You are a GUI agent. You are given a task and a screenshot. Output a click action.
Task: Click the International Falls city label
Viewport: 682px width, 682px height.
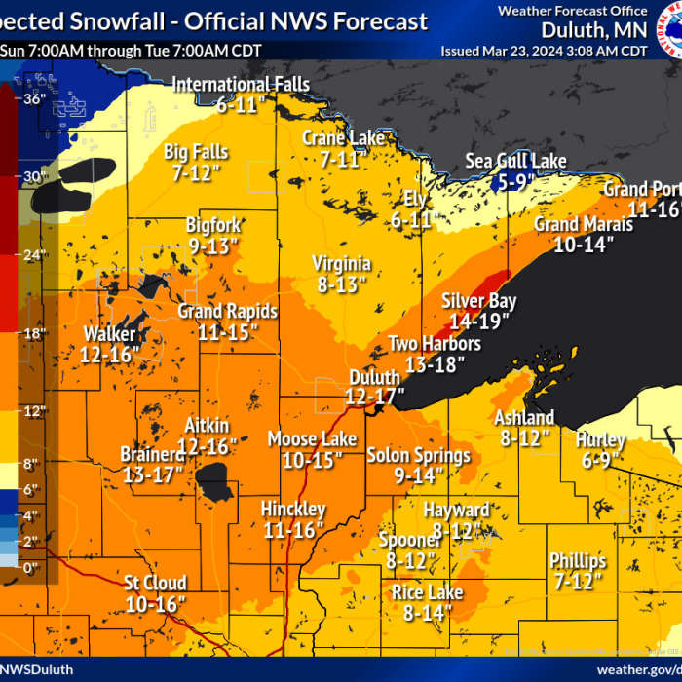click(241, 85)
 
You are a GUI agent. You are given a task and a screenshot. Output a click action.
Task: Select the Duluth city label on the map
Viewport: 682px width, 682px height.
click(374, 377)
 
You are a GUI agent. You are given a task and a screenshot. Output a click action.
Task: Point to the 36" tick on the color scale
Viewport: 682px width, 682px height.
click(34, 98)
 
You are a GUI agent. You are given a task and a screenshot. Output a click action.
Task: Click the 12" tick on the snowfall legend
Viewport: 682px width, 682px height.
click(34, 410)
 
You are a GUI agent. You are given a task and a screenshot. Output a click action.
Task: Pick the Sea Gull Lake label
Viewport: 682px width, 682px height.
click(515, 162)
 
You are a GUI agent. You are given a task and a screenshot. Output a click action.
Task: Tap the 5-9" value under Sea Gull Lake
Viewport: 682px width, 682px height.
click(517, 181)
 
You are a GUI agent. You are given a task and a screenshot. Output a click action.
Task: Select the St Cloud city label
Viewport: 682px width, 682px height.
click(155, 584)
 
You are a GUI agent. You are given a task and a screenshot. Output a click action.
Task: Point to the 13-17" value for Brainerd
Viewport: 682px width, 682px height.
click(154, 474)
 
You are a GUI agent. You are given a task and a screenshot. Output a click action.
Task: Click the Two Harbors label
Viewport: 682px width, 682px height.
click(435, 344)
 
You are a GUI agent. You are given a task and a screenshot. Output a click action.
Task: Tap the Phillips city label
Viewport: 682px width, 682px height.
click(578, 561)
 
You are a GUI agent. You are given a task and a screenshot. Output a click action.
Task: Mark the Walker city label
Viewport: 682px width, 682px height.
click(109, 334)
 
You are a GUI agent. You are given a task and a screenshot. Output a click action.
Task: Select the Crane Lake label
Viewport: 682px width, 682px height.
click(343, 138)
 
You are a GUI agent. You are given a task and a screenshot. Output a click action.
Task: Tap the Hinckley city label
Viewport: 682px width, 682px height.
click(293, 510)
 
